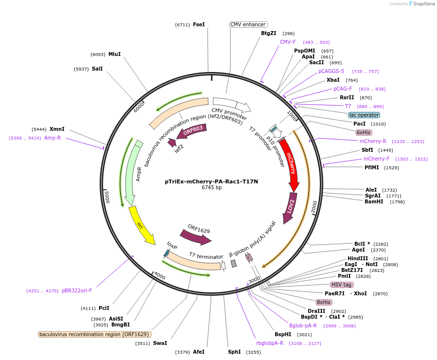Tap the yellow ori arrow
pos(141,227)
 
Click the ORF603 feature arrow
pos(193,131)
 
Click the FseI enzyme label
pos(199,24)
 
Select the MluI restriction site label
pos(115,54)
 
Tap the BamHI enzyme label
pos(374,201)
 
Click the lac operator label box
pos(364,115)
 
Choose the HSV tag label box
pos(342,285)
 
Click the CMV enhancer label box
pos(248,24)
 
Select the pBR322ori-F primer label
pos(77,290)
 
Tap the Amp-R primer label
pos(52,138)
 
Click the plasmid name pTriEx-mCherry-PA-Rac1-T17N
pos(211,181)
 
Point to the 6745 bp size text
pos(211,187)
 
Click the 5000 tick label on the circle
pos(108,197)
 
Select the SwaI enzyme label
pos(160,343)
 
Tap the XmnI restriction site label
pos(57,129)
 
